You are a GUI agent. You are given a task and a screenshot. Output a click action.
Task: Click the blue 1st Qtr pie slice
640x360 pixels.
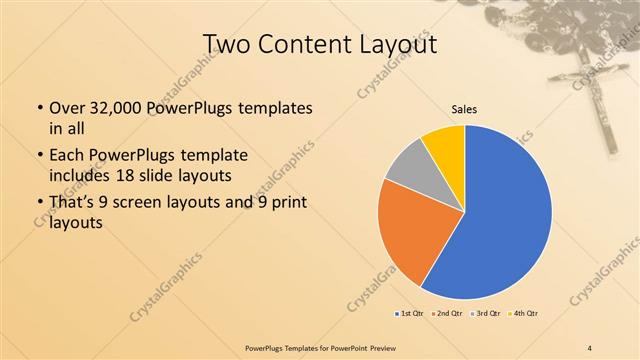coord(505,215)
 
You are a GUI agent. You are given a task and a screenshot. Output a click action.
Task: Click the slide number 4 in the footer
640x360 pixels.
coord(590,346)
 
